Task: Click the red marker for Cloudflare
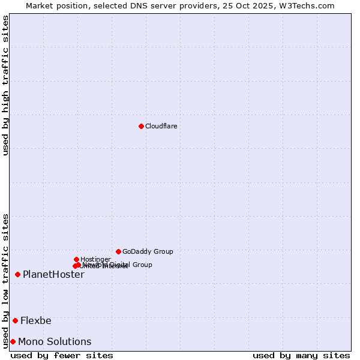point(141,126)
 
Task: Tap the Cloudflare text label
point(161,126)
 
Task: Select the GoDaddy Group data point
point(118,251)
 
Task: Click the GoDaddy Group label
point(148,252)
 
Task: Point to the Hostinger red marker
point(76,259)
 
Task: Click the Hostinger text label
point(95,260)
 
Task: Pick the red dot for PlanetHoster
point(17,274)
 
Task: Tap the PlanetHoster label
point(53,275)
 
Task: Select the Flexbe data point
point(15,320)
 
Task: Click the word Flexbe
point(36,320)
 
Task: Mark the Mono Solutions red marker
point(13,341)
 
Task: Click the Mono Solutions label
point(55,342)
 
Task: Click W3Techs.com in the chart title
point(310,5)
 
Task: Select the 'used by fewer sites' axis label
point(62,355)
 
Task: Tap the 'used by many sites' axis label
point(301,355)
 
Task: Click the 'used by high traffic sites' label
point(5,86)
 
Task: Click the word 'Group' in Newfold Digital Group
point(142,265)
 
